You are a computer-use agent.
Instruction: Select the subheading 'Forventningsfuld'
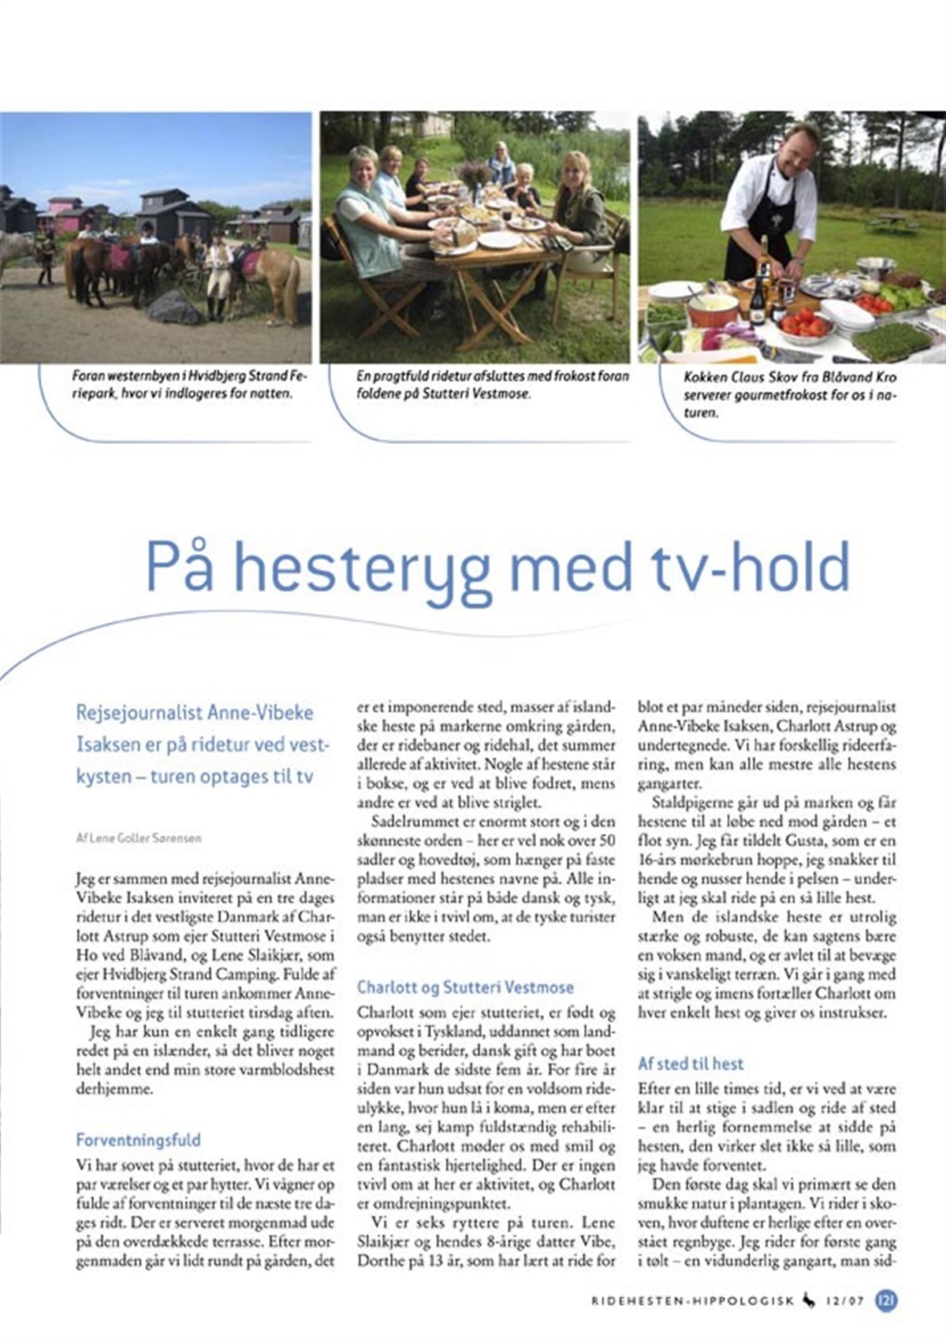139,1139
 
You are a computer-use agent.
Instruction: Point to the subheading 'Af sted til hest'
691,1063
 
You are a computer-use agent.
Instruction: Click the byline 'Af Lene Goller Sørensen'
139,838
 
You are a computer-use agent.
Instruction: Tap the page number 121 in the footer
886,1300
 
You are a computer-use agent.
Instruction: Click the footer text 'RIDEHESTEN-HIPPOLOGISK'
692,1301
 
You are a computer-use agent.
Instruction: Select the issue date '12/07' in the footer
845,1301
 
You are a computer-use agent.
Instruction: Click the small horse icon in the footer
809,1300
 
